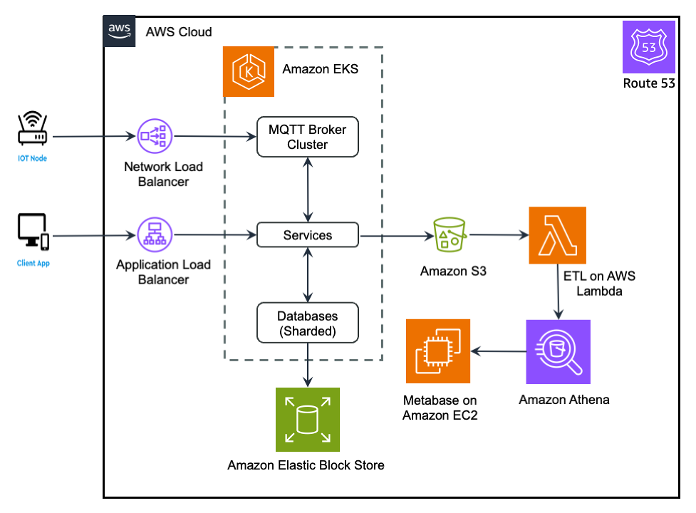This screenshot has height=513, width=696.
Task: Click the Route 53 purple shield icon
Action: tap(648, 47)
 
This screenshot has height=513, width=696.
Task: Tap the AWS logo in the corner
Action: tap(119, 31)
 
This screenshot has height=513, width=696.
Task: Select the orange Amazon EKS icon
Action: tap(249, 71)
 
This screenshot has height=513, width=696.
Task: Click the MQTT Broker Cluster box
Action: tap(308, 138)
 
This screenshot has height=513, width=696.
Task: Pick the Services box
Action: tap(308, 235)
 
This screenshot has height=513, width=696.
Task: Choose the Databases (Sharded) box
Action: tap(308, 323)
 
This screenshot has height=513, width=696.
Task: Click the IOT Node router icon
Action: tap(32, 129)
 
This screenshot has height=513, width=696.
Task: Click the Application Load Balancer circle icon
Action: tap(155, 234)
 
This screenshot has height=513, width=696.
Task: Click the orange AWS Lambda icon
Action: tap(557, 235)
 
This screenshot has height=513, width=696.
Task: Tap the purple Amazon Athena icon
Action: tap(558, 351)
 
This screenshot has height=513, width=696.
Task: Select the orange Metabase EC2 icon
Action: tap(438, 351)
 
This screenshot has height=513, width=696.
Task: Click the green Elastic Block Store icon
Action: tap(308, 420)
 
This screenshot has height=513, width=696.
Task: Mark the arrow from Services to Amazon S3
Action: tap(396, 235)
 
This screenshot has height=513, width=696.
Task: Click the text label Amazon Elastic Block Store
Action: tap(306, 465)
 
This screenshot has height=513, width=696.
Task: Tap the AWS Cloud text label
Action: tap(179, 32)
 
